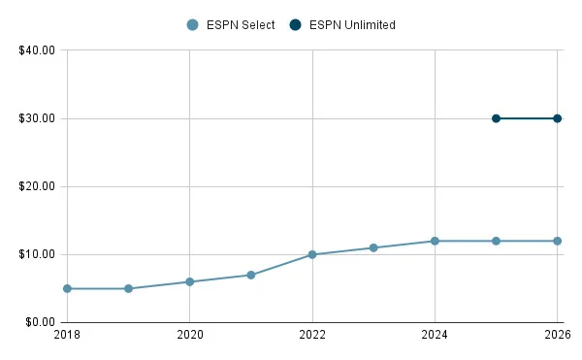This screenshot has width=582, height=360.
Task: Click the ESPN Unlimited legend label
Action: (352, 25)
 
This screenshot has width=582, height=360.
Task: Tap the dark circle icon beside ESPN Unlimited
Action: (296, 25)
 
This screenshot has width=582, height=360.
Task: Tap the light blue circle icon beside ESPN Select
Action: (193, 25)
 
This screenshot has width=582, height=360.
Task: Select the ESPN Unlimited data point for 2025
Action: (496, 118)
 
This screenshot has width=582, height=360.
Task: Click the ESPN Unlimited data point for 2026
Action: (557, 118)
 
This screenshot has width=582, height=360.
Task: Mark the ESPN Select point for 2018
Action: (67, 288)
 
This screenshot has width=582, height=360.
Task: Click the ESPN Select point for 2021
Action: (250, 275)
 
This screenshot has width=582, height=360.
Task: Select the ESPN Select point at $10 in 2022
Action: (312, 254)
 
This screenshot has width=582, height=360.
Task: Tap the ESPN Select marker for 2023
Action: (373, 247)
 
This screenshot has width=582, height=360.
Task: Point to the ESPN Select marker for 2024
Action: (435, 241)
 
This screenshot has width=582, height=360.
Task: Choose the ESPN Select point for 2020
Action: (189, 281)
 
